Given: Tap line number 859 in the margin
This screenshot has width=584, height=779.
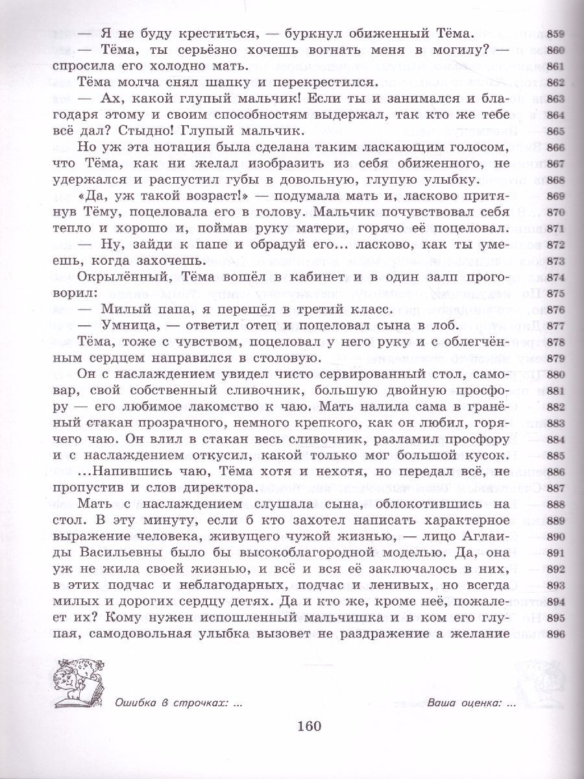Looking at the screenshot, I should click(557, 35).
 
